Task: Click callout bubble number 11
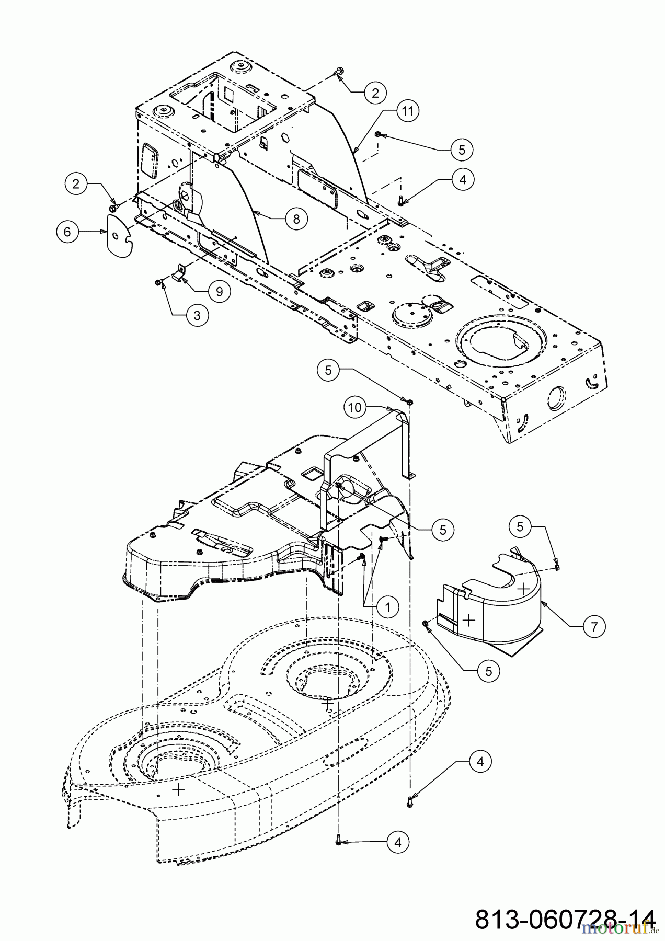[x=408, y=111]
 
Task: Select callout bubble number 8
[x=296, y=219]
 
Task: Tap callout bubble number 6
[x=67, y=231]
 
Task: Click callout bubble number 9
[x=220, y=291]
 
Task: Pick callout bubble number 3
[x=197, y=315]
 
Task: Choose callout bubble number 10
[x=356, y=408]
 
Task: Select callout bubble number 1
[x=387, y=607]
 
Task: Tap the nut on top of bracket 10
[x=410, y=401]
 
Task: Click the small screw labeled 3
[x=158, y=282]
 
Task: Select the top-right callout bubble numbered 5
[x=462, y=150]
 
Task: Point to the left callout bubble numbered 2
[x=77, y=183]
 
